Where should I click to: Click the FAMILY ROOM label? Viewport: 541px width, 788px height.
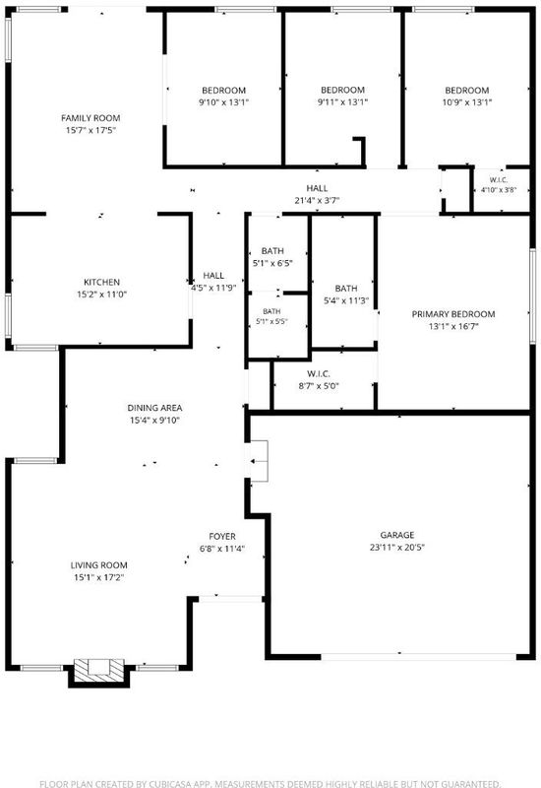(x=90, y=118)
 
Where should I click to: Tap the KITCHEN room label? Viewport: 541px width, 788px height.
(x=101, y=283)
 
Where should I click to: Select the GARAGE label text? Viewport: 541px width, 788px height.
(x=397, y=535)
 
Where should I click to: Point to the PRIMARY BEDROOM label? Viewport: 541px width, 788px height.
(x=453, y=314)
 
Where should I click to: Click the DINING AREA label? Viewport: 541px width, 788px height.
(x=154, y=408)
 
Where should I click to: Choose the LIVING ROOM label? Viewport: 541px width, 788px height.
(x=99, y=565)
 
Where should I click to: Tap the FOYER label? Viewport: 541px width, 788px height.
(x=222, y=537)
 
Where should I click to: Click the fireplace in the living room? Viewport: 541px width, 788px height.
(x=99, y=672)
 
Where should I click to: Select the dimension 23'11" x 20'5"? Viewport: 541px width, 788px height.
(x=397, y=548)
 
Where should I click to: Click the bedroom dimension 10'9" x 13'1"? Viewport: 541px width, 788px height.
(x=466, y=102)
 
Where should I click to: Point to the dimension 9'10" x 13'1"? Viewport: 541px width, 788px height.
(x=224, y=102)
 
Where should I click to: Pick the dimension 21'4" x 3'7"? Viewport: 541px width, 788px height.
(x=317, y=201)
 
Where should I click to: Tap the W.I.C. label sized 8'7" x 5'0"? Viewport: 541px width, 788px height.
(x=318, y=374)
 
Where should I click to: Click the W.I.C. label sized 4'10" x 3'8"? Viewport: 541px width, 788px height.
(x=499, y=180)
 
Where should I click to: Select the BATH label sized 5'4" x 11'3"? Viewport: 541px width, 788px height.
(x=346, y=289)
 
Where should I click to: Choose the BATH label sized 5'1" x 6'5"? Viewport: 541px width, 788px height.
(x=272, y=251)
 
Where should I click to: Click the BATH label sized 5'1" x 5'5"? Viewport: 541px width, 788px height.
(x=271, y=311)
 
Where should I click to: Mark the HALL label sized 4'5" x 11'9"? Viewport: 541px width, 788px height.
(x=213, y=276)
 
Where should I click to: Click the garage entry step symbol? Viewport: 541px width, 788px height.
(x=259, y=461)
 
